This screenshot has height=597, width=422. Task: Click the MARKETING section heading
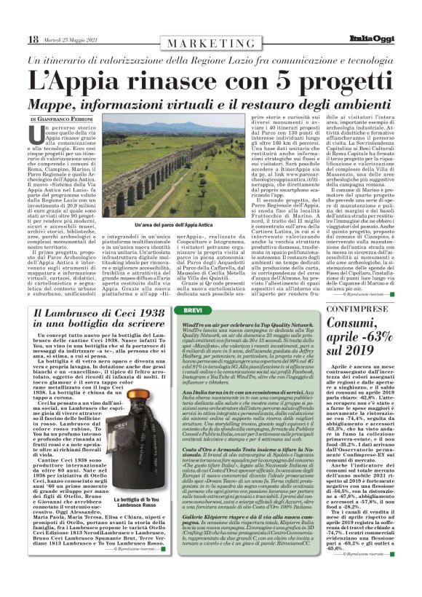click(212, 44)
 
